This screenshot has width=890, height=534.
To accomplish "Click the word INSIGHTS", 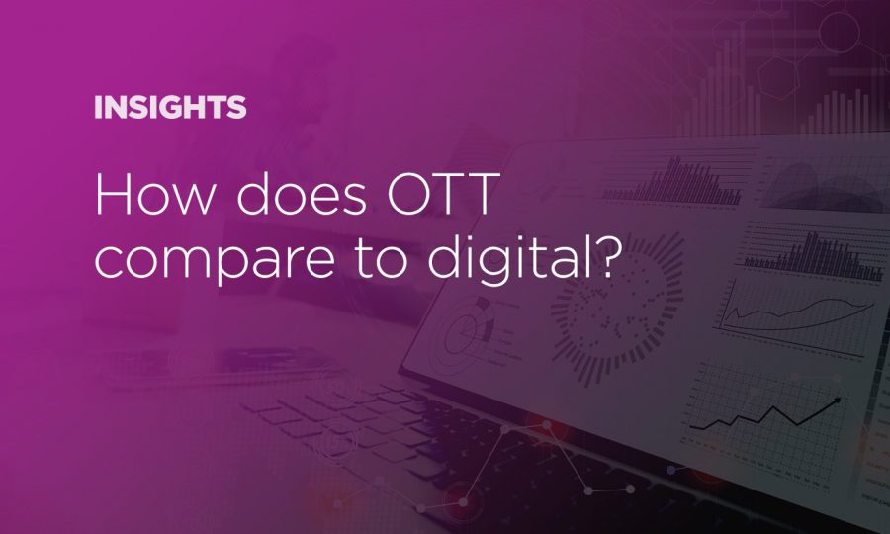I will point(170,108).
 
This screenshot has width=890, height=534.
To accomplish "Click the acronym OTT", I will point(439,194).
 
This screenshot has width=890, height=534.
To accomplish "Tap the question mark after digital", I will point(610,255).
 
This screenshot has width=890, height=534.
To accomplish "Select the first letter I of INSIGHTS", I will point(97,108).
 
